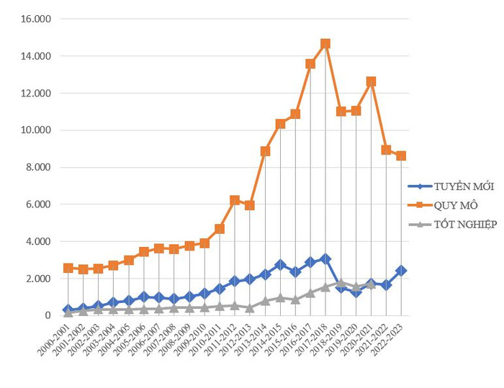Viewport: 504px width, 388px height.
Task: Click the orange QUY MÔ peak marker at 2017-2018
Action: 325,44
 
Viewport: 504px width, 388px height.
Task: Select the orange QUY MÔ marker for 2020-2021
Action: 371,82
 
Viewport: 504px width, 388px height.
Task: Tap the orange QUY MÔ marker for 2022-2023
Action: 401,155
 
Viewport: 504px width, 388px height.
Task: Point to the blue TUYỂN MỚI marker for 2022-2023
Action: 401,271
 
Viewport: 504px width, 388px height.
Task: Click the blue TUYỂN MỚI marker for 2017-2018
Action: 325,259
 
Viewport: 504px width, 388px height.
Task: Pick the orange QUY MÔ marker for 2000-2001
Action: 68,268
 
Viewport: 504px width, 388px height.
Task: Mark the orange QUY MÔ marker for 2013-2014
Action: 265,151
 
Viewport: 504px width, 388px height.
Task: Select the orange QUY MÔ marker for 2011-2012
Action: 235,200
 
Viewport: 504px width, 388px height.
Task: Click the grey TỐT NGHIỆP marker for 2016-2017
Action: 310,293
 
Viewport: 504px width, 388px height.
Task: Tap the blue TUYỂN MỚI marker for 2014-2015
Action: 280,265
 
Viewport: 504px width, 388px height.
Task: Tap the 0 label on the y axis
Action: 48,315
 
